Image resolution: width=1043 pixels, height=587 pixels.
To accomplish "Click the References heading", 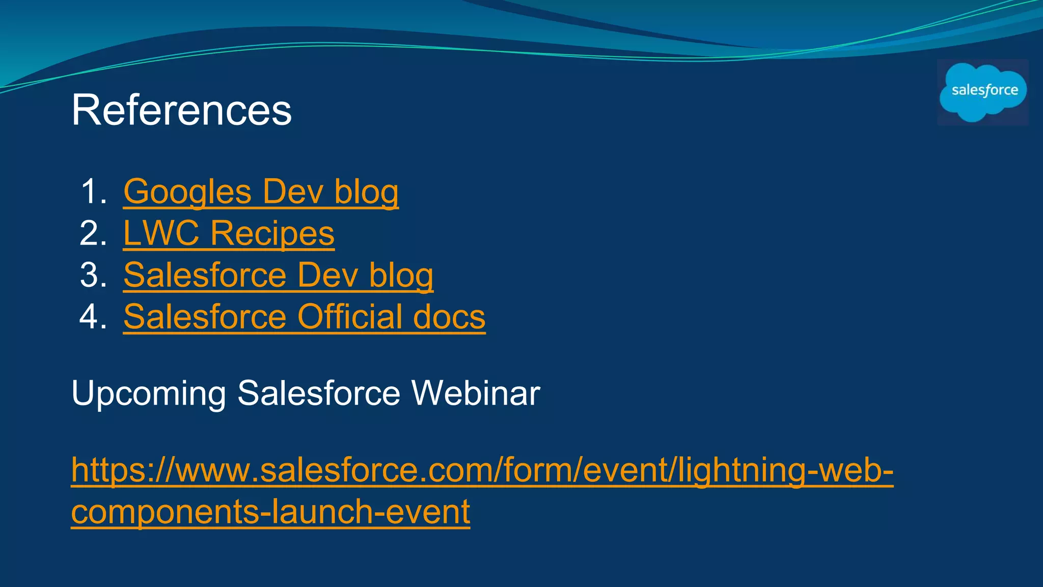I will [181, 110].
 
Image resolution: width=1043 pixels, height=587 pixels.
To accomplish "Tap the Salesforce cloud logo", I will [982, 92].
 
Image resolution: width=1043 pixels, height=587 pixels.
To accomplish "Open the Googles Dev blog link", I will [261, 192].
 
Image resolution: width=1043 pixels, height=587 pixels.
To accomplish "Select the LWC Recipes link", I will [229, 234].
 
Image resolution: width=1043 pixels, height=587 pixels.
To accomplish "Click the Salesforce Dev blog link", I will [278, 276].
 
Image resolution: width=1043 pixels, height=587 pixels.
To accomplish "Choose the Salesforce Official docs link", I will [304, 317].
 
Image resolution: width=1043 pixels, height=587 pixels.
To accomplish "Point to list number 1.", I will [93, 192].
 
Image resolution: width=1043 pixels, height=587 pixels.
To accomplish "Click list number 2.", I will [93, 234].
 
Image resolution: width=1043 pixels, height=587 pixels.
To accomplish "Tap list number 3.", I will [93, 276].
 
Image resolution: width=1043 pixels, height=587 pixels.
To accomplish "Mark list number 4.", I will [93, 317].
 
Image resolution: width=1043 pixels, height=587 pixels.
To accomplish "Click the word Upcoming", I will [148, 394].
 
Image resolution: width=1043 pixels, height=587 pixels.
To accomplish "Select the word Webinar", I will [475, 394].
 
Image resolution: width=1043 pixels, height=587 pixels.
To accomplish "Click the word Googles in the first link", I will [187, 192].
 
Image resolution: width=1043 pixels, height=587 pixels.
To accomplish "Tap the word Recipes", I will [272, 234].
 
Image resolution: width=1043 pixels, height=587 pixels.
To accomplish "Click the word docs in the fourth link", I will [449, 317].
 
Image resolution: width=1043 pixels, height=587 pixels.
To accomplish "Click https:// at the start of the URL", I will [122, 470].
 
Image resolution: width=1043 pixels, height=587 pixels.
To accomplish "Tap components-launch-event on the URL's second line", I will [270, 512].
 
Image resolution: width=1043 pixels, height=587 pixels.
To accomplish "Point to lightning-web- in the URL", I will [785, 470].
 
